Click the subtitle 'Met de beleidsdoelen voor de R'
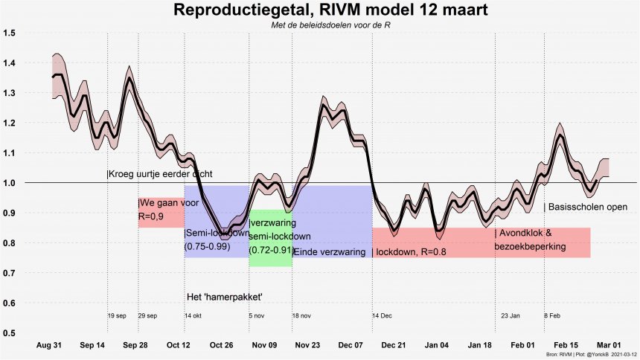click(x=319, y=26)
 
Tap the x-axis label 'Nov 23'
click(x=307, y=345)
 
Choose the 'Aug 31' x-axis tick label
click(x=49, y=345)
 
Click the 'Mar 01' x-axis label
click(x=608, y=345)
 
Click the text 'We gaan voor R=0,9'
click(x=160, y=210)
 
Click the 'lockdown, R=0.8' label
click(x=410, y=252)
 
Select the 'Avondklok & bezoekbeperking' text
click(x=531, y=240)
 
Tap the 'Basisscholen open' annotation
click(x=586, y=208)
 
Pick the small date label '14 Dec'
click(x=383, y=316)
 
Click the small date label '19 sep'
click(x=117, y=316)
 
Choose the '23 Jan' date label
click(x=511, y=316)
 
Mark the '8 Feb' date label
click(x=552, y=316)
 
